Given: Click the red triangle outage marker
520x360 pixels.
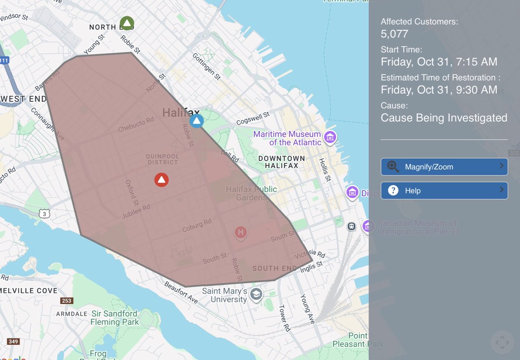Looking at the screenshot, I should point(162,179).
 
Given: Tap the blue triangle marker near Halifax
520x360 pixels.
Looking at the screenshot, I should point(197,121).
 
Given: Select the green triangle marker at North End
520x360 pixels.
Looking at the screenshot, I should point(127,23).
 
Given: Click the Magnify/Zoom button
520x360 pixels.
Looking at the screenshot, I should point(444,167).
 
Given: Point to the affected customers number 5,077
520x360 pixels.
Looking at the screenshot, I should point(394,34).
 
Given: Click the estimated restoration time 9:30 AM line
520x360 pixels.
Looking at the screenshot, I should point(439,90).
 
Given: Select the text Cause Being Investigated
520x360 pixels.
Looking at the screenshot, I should point(444,118).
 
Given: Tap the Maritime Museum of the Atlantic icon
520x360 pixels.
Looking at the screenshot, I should point(331,137).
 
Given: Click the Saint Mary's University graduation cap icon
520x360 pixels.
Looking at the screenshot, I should point(256,294).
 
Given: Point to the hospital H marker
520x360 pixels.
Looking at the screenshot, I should point(240,233).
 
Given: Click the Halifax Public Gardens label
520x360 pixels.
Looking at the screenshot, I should point(251,193).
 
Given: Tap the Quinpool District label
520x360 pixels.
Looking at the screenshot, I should point(162,159).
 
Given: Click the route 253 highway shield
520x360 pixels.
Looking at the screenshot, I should point(66,301).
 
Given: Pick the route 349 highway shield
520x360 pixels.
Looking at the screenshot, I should point(13,342).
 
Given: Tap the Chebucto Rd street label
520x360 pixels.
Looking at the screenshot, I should point(136,125).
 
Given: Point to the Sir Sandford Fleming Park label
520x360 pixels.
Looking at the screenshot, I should point(115,318).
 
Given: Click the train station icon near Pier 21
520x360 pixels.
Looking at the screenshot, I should point(351,226).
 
